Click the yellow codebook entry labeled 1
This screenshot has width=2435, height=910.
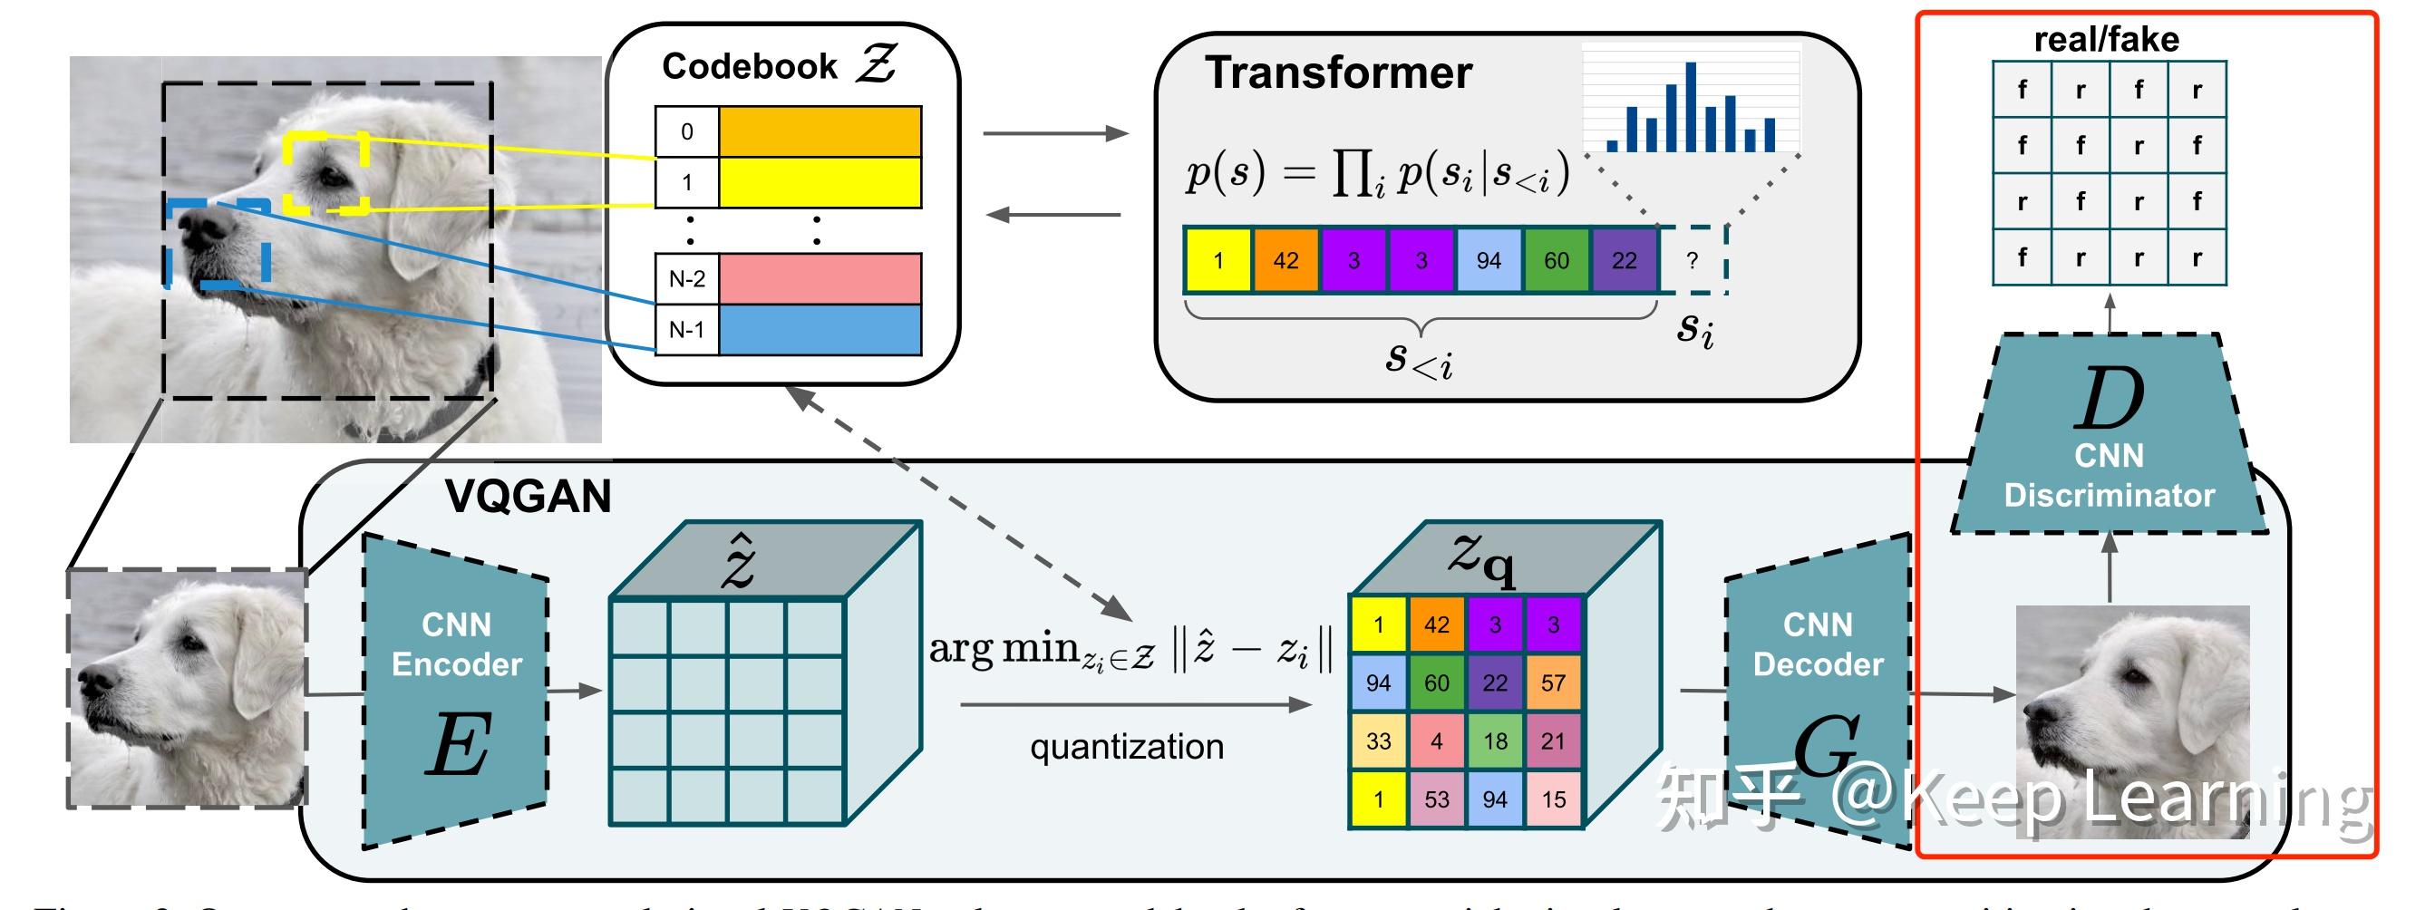pos(820,182)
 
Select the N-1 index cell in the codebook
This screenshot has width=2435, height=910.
pos(687,330)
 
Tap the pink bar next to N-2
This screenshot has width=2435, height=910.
pos(820,279)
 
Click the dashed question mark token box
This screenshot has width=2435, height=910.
pos(1693,260)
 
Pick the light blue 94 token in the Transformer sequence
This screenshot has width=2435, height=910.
pos(1489,260)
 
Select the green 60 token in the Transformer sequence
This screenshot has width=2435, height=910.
pos(1557,260)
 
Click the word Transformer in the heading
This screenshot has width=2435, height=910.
pos(1338,73)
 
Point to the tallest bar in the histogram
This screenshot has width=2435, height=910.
pos(1691,106)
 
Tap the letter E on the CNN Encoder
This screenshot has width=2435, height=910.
pos(458,745)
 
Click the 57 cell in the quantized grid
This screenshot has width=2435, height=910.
pos(1553,682)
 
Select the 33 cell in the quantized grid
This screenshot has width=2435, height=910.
pos(1378,741)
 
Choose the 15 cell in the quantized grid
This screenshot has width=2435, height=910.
pos(1553,799)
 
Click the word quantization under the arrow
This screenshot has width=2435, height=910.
pos(1127,747)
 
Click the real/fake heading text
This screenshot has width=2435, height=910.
pos(2106,40)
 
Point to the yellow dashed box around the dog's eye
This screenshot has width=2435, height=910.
pos(327,172)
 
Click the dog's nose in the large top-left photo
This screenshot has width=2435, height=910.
pos(200,227)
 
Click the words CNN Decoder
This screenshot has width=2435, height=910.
pos(1818,644)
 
